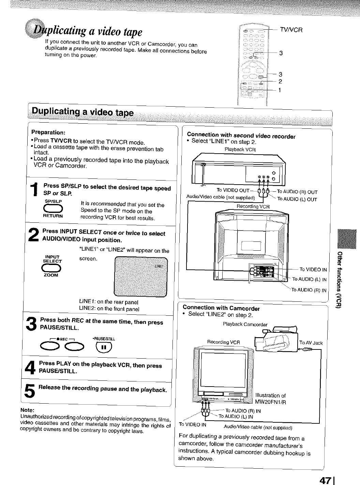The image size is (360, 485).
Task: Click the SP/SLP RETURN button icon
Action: [53, 208]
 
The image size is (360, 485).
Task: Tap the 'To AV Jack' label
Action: [311, 343]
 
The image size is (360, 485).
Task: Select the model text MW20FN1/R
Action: [270, 402]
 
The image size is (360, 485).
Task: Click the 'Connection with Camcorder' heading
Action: [221, 309]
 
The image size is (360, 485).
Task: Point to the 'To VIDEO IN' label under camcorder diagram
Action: [193, 425]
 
